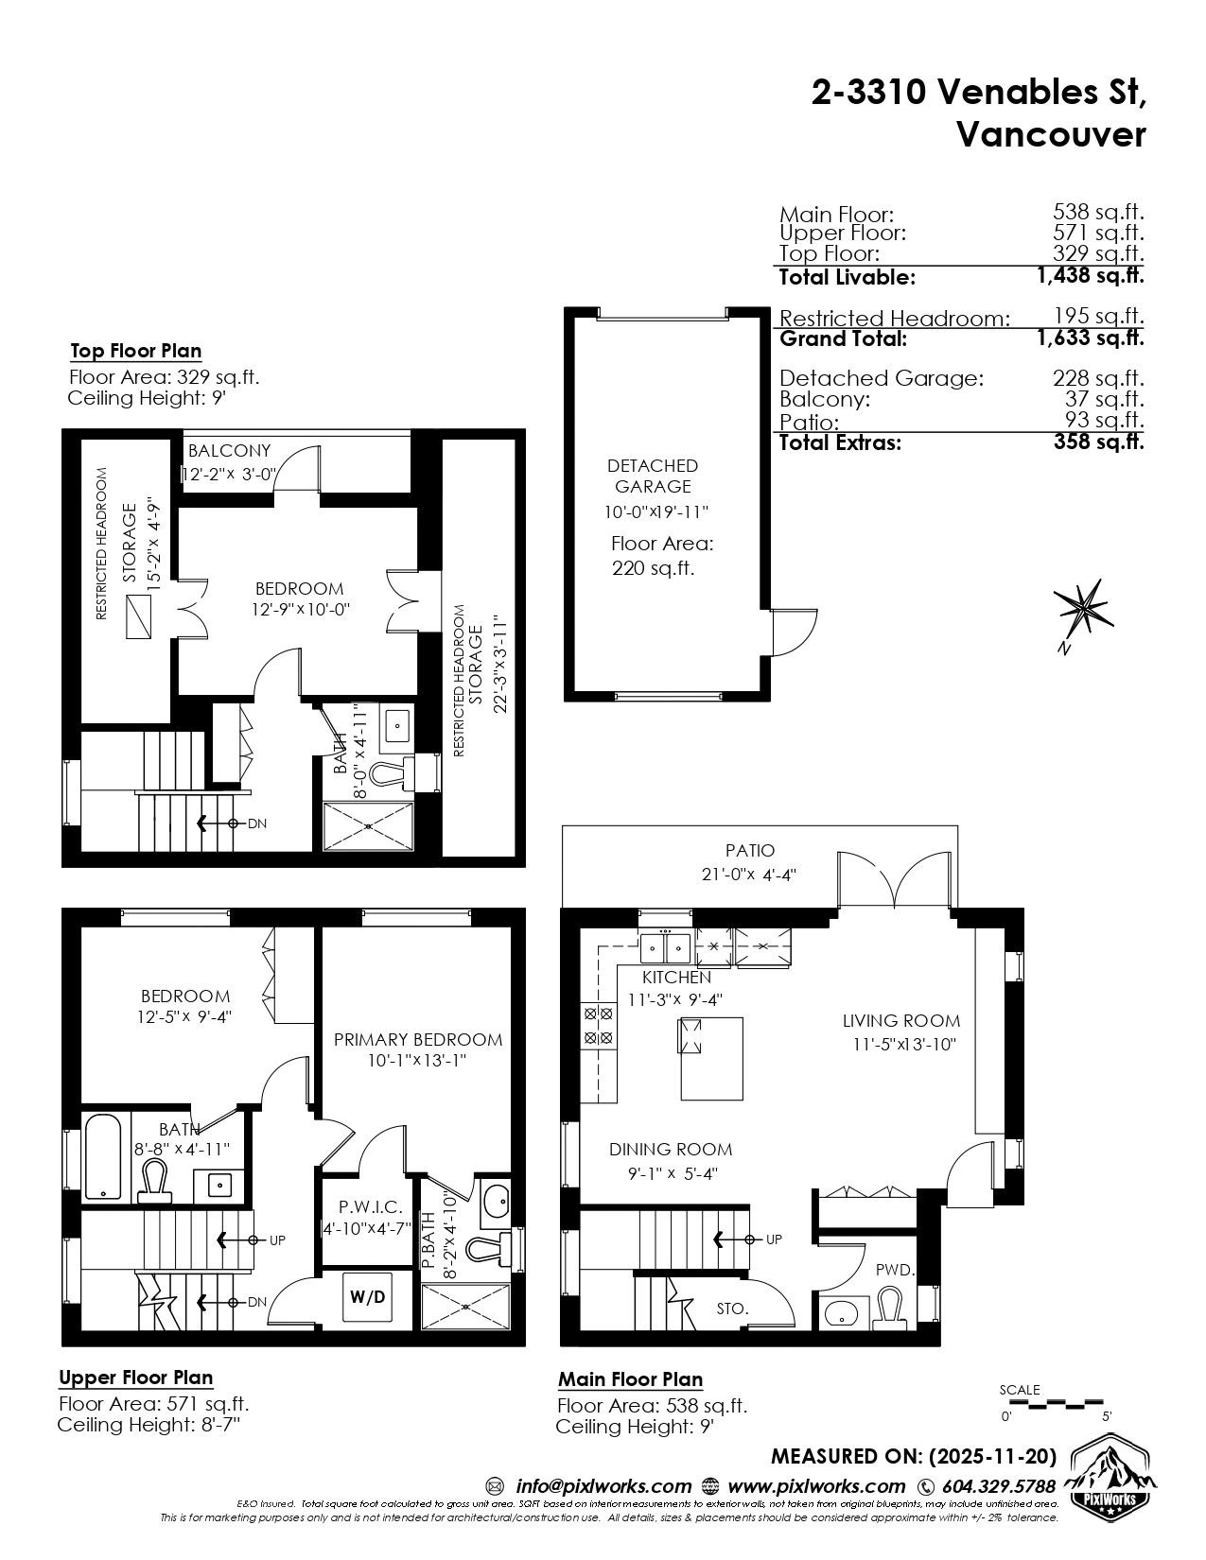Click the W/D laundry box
(368, 1297)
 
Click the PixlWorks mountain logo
(1113, 1490)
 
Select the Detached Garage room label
(653, 476)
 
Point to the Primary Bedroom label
(417, 1039)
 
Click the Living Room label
(900, 1020)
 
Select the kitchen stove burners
(599, 1026)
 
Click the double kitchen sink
(666, 948)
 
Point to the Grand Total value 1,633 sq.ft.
(1091, 338)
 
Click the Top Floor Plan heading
(136, 351)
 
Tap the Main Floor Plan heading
(631, 1379)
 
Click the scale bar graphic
(1052, 1400)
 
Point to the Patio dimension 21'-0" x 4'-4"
(749, 875)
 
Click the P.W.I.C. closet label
(371, 1207)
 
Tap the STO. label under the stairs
(733, 1309)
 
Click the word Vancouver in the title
(1051, 134)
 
